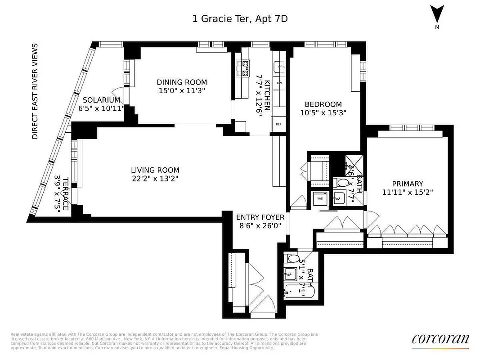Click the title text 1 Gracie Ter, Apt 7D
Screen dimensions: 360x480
coord(240,18)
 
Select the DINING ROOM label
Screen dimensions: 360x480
coord(182,82)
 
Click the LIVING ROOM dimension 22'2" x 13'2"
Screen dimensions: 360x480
coord(155,179)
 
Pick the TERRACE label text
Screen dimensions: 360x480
coord(66,193)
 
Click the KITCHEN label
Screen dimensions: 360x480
coord(267,95)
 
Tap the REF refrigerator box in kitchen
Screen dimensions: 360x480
coord(278,124)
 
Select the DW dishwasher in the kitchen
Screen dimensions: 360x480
coord(279,83)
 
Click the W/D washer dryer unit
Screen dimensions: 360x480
coord(320,198)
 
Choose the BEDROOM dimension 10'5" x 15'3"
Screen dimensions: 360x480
coord(323,112)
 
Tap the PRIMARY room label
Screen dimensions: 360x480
coord(407,184)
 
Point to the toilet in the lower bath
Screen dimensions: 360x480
coord(291,259)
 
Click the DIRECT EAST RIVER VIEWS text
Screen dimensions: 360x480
coord(35,91)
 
